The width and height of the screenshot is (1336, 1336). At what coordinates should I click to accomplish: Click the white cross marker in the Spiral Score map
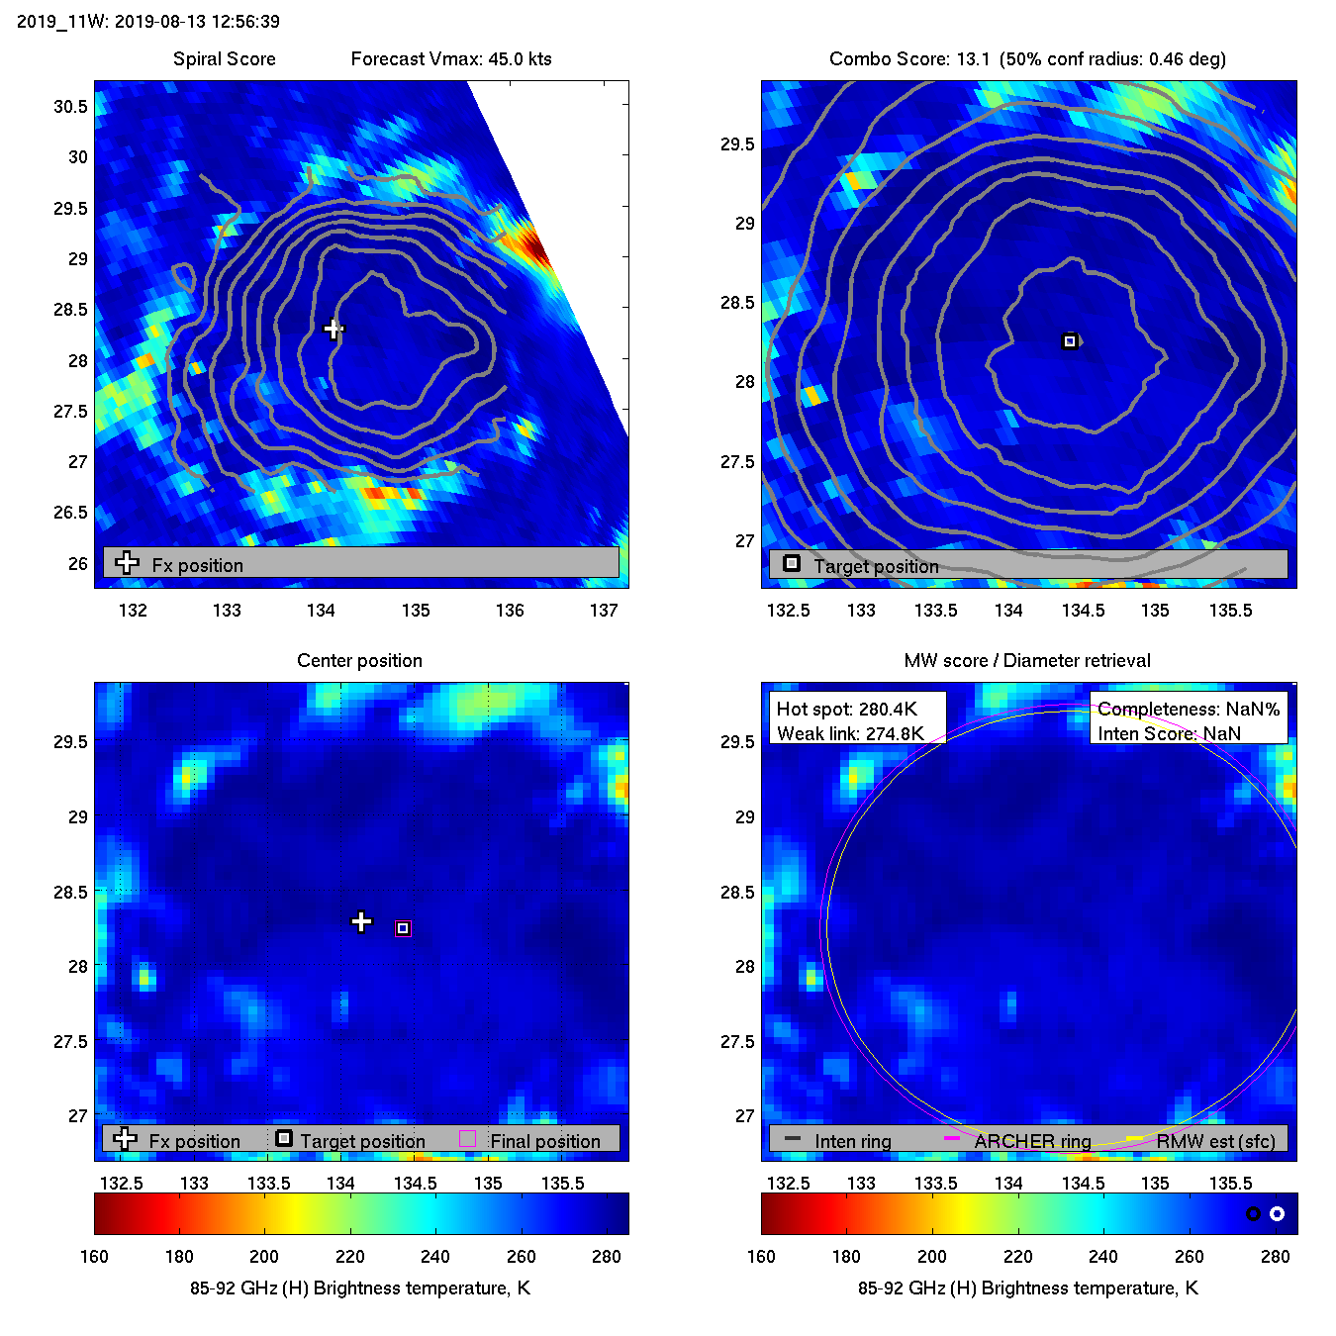click(x=334, y=329)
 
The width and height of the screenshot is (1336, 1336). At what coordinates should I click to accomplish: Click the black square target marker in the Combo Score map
click(x=1069, y=341)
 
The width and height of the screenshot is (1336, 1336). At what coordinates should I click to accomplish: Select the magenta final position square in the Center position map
click(x=403, y=928)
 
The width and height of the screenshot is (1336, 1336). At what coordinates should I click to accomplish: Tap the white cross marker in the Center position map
click(x=361, y=922)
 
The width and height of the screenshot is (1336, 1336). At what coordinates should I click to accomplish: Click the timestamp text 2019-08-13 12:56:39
click(x=197, y=21)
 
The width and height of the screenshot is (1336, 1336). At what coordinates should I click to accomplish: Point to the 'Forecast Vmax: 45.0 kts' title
click(x=451, y=58)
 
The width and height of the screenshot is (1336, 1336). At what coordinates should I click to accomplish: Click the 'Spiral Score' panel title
click(x=224, y=58)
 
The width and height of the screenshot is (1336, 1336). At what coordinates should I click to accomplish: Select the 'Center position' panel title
click(x=359, y=660)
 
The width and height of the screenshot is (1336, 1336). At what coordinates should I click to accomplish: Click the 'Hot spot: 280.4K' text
click(x=846, y=709)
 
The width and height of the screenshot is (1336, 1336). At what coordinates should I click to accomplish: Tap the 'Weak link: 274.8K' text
click(x=850, y=733)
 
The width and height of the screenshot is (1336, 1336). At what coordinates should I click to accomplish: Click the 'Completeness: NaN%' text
click(x=1189, y=709)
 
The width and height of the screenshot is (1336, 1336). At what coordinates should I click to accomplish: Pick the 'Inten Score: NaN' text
click(x=1169, y=733)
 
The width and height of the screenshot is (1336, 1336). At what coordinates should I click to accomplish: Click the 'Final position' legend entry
click(x=544, y=1141)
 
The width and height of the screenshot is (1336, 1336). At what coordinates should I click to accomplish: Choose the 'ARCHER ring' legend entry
click(x=1032, y=1141)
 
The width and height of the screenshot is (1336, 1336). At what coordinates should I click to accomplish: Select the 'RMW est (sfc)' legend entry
click(x=1215, y=1141)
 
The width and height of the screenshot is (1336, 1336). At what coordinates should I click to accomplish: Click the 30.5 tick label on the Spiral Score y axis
click(x=70, y=106)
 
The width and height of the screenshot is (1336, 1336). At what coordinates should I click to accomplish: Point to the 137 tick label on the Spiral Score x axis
click(x=604, y=610)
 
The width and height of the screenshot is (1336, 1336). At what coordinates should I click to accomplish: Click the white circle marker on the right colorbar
click(x=1277, y=1213)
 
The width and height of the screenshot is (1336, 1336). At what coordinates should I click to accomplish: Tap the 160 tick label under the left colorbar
click(x=94, y=1256)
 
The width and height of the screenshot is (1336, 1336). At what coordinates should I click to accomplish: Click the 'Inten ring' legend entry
click(x=852, y=1141)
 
